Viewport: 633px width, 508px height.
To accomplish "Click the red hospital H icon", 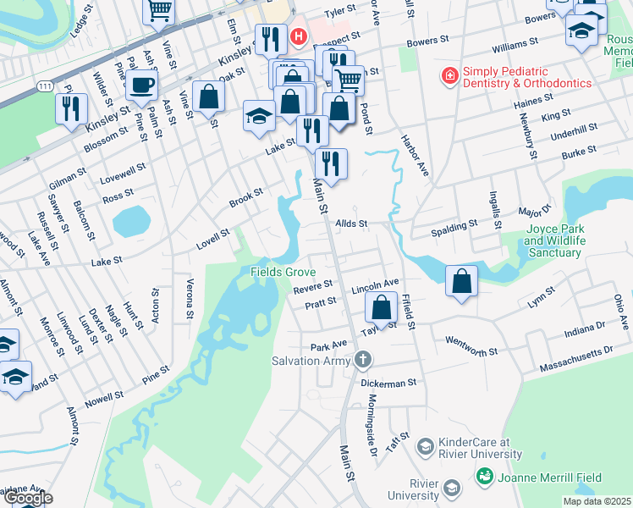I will (298, 37).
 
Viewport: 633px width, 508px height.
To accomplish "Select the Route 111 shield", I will (45, 86).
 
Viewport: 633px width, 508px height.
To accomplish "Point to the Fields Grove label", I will (283, 272).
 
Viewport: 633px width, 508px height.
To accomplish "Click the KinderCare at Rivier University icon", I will (425, 444).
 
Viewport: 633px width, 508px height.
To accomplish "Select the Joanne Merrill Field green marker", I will (484, 477).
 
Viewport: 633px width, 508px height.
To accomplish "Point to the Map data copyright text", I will (597, 501).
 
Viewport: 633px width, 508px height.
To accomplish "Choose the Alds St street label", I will (350, 224).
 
